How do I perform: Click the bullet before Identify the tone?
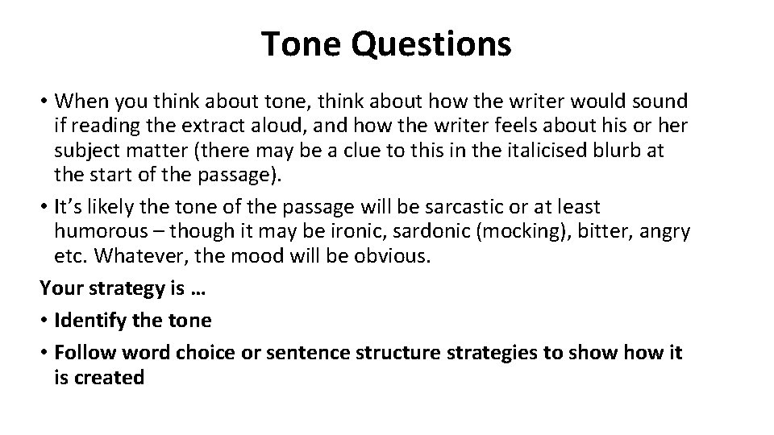[45, 321]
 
